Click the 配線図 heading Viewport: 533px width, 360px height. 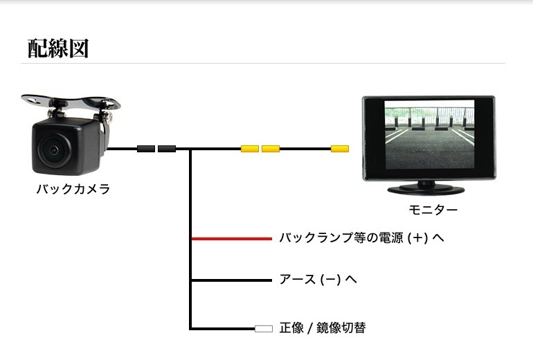tap(58, 48)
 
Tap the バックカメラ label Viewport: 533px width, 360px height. tap(73, 189)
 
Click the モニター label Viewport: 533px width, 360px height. tap(433, 210)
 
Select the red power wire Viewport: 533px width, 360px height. tap(232, 239)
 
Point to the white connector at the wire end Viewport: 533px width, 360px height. tap(264, 329)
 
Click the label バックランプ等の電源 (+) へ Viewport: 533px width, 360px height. tap(361, 237)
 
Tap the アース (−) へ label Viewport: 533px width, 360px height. tap(318, 280)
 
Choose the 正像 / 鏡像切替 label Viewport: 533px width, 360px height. tap(323, 328)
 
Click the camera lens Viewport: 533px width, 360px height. tap(54, 150)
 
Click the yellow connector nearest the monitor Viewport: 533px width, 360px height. tap(340, 149)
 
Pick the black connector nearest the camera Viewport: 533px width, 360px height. tap(146, 149)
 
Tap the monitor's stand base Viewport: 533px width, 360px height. tap(426, 190)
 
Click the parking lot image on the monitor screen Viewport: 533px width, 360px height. tap(429, 134)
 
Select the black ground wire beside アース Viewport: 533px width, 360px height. tap(232, 280)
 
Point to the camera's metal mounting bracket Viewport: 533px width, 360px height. tap(71, 102)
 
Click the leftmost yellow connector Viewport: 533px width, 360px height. tap(250, 149)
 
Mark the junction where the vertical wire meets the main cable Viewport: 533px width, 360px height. tap(190, 149)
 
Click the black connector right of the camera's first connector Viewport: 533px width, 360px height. tap(167, 149)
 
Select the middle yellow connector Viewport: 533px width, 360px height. tap(271, 149)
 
